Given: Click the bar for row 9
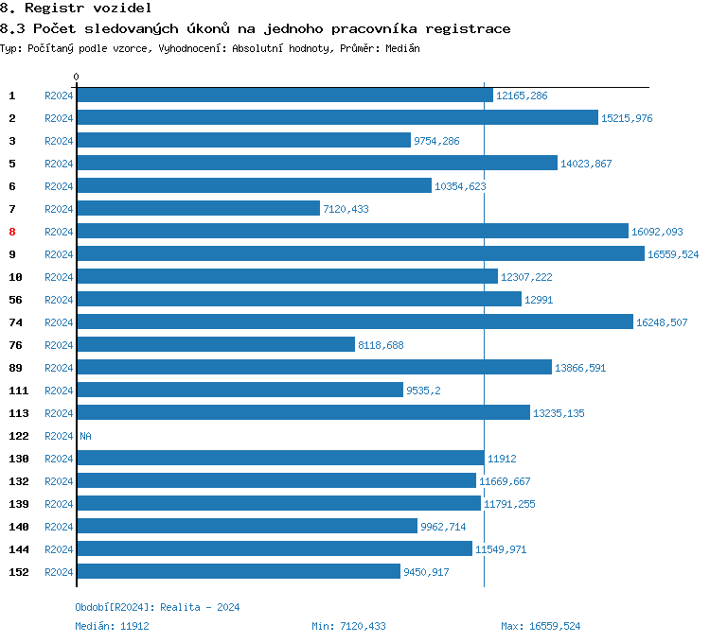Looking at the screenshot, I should point(360,253).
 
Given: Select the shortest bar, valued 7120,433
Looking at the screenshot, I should point(198,208).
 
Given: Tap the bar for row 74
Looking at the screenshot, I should point(354,321).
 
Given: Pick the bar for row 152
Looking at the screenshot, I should point(238,571).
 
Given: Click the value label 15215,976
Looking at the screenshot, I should point(627,118).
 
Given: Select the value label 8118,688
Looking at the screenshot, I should point(381,345).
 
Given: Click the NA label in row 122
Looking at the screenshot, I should point(85,436).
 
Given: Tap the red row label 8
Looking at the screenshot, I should point(12,232).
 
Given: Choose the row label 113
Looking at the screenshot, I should point(18,413).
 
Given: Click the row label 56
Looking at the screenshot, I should point(15,300).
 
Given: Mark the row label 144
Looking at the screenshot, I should point(18,549).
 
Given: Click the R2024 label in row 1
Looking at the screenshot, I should point(59,96).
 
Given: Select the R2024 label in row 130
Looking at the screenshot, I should point(59,459).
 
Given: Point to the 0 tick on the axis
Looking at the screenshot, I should point(77,77).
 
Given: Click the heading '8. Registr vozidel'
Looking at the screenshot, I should point(76,9).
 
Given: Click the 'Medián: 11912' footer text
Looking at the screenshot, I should point(112,626).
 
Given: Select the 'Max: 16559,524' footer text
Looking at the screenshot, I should point(541,626).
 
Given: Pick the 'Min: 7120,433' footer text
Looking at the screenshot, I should point(348,626).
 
